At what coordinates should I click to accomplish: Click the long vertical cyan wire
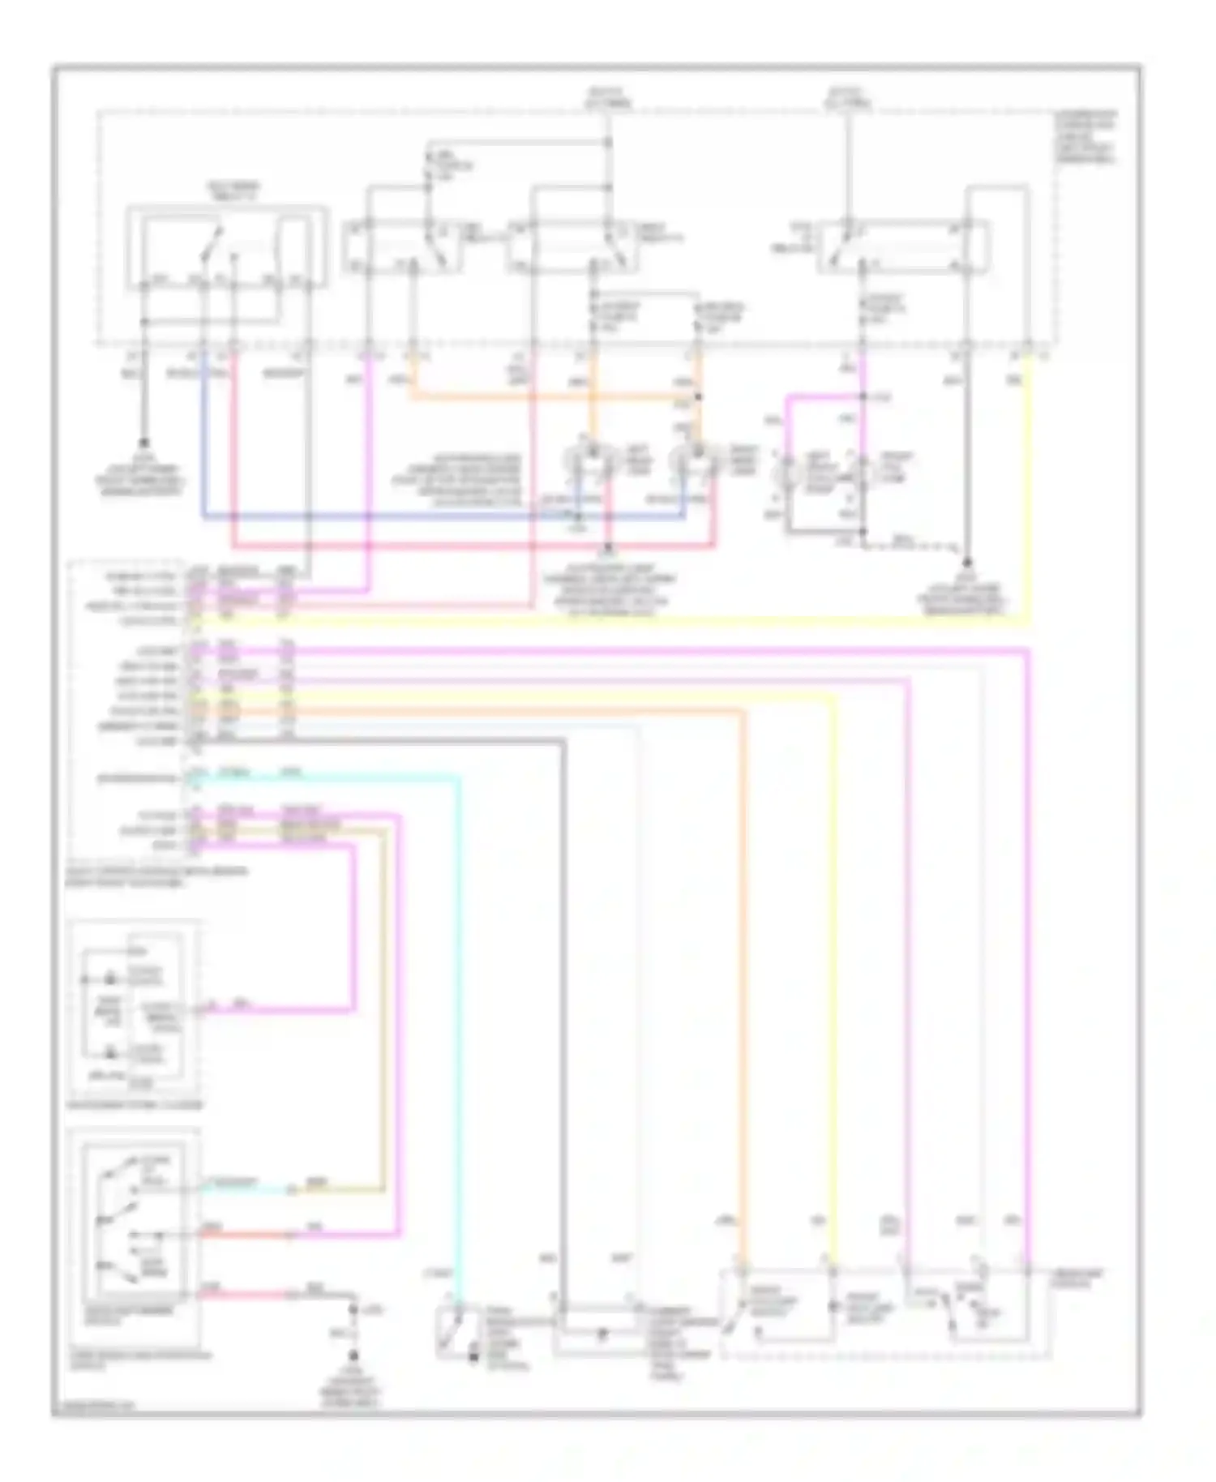pyautogui.click(x=459, y=1013)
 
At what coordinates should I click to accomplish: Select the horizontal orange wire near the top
pyautogui.click(x=551, y=396)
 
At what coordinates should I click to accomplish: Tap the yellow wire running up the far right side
pyautogui.click(x=1030, y=486)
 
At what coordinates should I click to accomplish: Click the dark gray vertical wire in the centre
pyautogui.click(x=563, y=1013)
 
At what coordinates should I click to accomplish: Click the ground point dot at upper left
pyautogui.click(x=145, y=443)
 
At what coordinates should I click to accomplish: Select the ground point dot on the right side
pyautogui.click(x=967, y=560)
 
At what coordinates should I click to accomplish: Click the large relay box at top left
pyautogui.click(x=227, y=247)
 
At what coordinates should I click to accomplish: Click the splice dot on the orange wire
pyautogui.click(x=698, y=397)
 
